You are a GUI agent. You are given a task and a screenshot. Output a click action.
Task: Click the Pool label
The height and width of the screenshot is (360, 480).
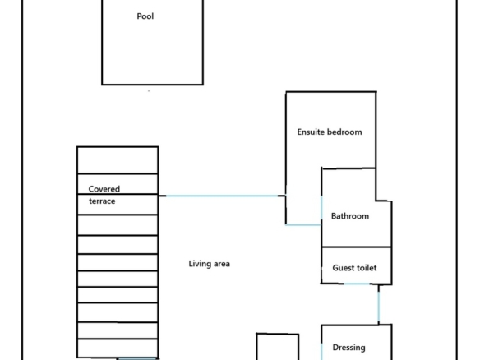(x=145, y=16)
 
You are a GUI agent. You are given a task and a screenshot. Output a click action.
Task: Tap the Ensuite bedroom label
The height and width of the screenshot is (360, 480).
(x=330, y=132)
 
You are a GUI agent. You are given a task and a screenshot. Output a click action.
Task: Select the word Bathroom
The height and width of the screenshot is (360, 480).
(x=350, y=216)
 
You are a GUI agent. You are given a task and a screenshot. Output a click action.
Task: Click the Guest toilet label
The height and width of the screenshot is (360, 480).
(x=354, y=268)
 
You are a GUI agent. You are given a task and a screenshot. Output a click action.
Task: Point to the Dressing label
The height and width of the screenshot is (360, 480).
(x=348, y=348)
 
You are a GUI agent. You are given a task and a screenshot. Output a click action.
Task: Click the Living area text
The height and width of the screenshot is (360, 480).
(x=209, y=264)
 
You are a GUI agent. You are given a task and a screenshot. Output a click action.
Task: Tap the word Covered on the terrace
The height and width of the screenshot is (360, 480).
(x=104, y=189)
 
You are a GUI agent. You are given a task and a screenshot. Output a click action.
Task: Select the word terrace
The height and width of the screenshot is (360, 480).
(x=102, y=201)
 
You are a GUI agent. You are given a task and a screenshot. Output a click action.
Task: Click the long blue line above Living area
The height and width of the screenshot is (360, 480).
(x=222, y=196)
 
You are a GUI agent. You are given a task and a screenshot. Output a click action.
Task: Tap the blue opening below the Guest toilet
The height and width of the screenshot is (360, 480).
(x=357, y=284)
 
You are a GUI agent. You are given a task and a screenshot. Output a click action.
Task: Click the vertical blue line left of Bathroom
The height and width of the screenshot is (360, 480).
(x=321, y=208)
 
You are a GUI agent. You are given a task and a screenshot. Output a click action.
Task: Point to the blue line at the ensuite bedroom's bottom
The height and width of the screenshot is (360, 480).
(x=303, y=225)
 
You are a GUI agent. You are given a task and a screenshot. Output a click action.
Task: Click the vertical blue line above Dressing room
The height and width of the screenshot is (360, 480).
(x=379, y=306)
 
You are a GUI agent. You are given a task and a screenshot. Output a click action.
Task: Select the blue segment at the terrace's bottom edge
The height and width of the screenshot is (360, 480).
(x=136, y=358)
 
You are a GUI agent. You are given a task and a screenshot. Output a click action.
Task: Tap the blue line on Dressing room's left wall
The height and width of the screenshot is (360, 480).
(x=321, y=352)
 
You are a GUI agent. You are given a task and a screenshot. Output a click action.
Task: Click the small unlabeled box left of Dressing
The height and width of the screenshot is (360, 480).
(x=277, y=347)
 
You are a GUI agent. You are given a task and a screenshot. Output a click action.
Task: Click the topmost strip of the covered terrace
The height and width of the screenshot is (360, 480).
(x=118, y=160)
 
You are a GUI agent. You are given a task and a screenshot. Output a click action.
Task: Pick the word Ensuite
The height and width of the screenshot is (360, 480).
(x=311, y=132)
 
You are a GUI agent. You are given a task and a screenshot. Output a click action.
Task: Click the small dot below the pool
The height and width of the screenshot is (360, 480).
(x=149, y=91)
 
